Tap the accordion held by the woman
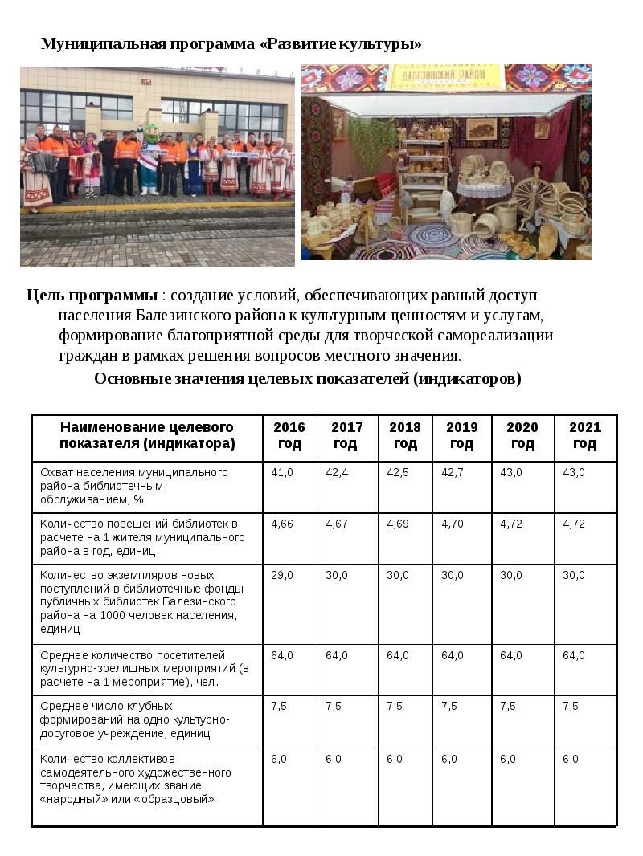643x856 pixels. [44, 165]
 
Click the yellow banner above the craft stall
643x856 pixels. [446, 77]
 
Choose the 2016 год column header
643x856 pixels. [289, 435]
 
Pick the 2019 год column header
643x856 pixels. [461, 435]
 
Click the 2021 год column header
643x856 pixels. [584, 435]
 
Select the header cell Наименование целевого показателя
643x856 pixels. [147, 435]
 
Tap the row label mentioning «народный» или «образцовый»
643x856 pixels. [136, 779]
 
